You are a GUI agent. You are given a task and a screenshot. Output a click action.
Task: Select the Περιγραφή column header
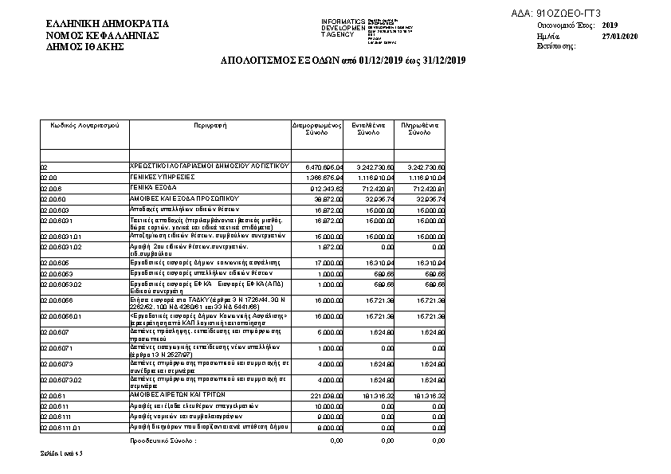(x=210, y=126)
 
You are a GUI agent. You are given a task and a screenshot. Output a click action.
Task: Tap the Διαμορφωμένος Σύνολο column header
(x=316, y=130)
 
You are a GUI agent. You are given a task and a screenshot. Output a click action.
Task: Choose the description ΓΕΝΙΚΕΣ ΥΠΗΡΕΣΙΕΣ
(x=163, y=176)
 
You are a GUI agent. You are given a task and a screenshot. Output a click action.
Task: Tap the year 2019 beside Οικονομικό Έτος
(x=610, y=25)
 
